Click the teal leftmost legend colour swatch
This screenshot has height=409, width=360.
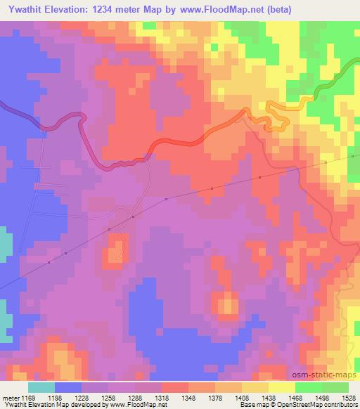[41, 387]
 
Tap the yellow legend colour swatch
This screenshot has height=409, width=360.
[282, 387]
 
